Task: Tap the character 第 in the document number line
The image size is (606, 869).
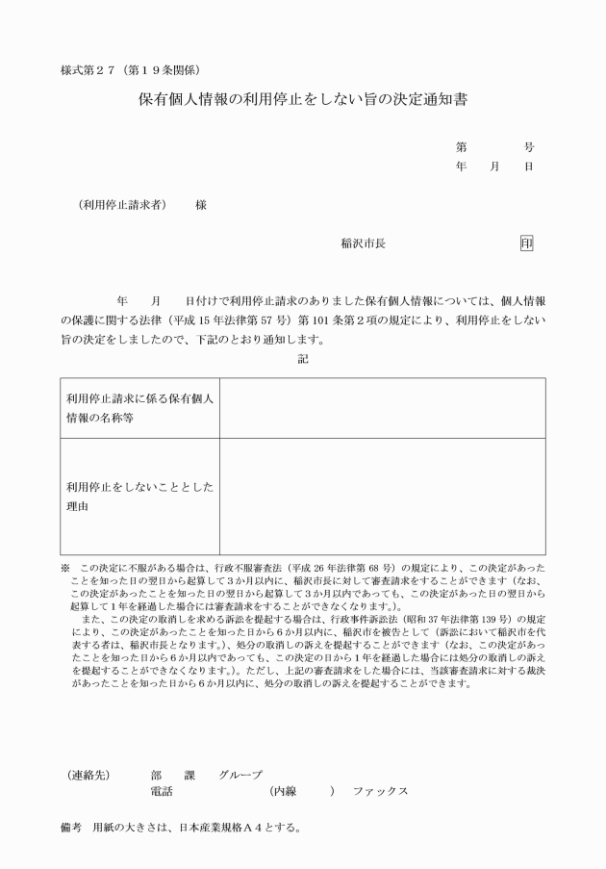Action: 462,147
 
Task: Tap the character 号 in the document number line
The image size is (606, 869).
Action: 528,147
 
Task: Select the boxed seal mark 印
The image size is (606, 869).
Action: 526,243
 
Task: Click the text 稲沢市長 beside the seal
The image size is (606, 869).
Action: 364,244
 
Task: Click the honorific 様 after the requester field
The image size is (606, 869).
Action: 200,205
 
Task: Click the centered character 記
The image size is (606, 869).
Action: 303,358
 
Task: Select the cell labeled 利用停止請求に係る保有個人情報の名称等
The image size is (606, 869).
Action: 139,407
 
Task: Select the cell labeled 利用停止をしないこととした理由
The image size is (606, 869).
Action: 139,496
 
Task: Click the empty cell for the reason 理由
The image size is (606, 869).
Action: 382,496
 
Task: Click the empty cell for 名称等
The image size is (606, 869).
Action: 382,407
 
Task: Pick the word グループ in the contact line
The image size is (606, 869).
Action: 240,774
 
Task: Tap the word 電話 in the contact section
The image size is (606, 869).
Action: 162,791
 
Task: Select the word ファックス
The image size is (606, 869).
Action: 381,791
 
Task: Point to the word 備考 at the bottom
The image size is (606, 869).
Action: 72,827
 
